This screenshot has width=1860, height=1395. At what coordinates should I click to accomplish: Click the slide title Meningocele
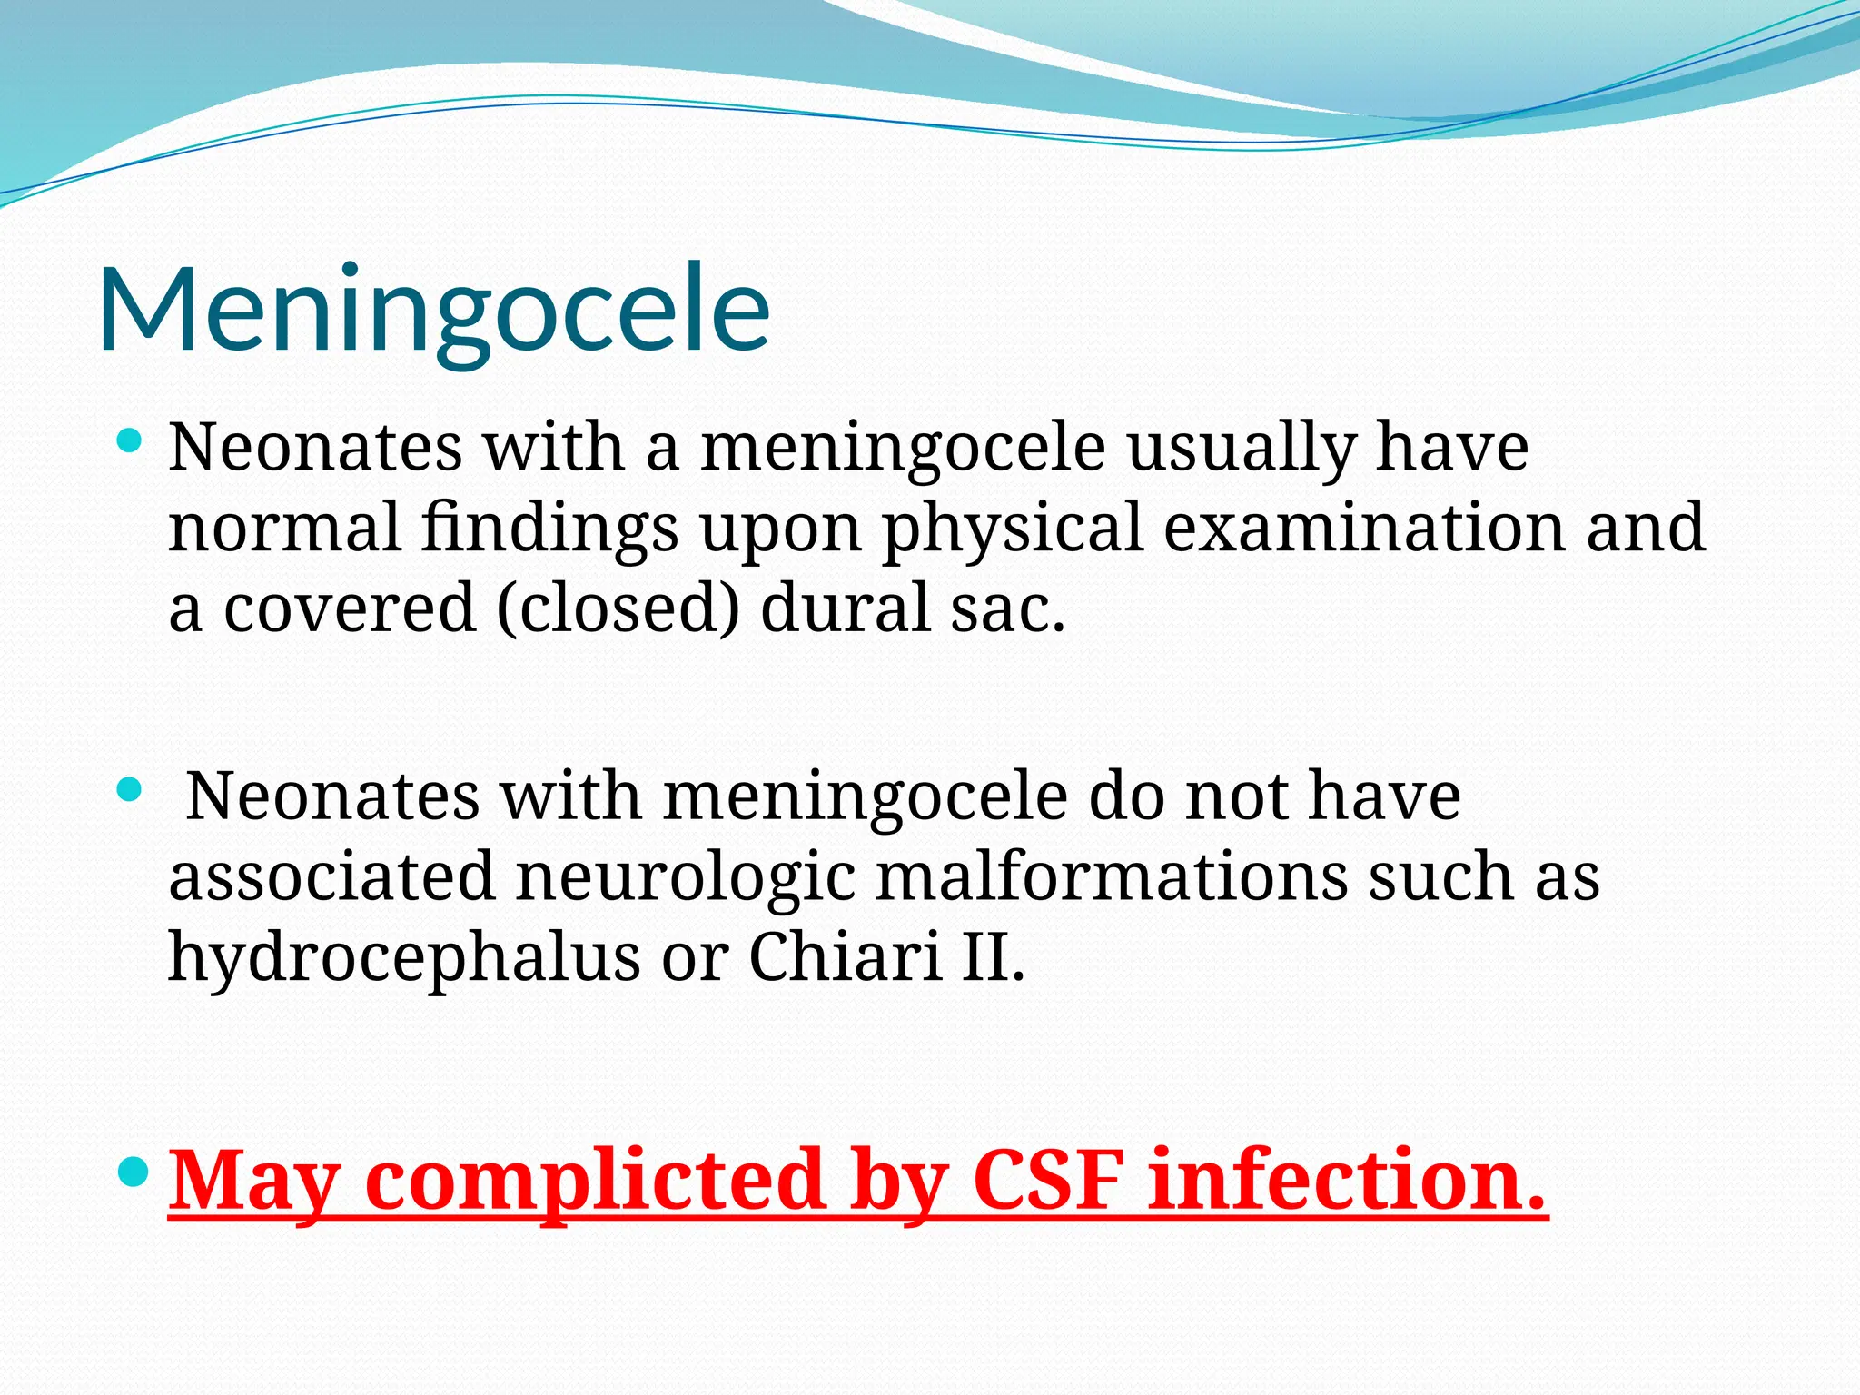[x=434, y=309]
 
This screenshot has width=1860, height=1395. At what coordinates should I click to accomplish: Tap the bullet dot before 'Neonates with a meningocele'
[x=131, y=442]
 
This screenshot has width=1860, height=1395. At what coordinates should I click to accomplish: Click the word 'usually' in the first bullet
[x=1242, y=449]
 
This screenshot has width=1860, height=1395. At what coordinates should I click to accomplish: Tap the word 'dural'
[x=845, y=608]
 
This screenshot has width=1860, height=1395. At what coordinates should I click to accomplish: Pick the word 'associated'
[x=331, y=876]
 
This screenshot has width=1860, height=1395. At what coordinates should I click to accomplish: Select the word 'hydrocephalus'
[x=404, y=957]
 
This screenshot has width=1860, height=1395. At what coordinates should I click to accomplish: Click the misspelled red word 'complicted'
[x=596, y=1182]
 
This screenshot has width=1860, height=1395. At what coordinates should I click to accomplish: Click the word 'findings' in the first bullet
[x=549, y=529]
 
